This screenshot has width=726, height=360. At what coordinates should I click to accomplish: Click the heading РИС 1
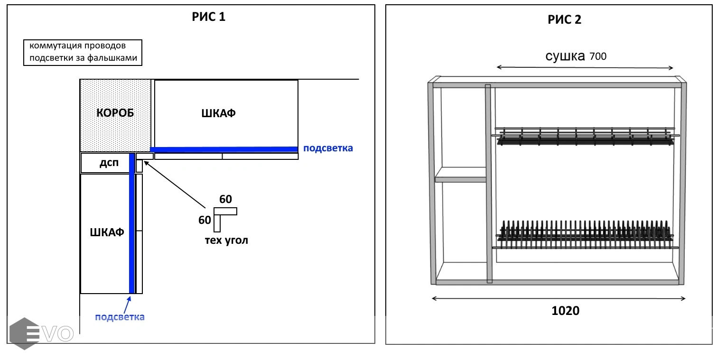[208, 18]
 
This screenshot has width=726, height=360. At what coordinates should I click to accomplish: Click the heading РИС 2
[564, 19]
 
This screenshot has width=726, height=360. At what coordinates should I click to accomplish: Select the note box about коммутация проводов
[83, 52]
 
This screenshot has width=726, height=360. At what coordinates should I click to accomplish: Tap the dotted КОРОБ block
[115, 114]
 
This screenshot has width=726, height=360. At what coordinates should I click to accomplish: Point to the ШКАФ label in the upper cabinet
[218, 114]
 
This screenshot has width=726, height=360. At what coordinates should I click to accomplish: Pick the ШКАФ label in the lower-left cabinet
[107, 232]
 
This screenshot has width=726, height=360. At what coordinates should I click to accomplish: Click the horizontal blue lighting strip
[223, 149]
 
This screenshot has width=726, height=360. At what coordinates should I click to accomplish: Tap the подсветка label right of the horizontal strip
[328, 148]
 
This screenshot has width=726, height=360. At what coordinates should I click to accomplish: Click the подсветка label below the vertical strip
[120, 317]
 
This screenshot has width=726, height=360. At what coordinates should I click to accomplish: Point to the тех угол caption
[226, 240]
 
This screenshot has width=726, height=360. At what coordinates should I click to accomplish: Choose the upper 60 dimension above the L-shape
[226, 200]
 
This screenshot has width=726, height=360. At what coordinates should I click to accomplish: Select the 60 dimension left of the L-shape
[205, 220]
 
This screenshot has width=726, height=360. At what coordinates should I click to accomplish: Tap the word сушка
[565, 56]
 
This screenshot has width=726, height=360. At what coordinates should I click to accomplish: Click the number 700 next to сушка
[598, 57]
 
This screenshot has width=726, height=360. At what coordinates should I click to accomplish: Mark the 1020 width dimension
[565, 311]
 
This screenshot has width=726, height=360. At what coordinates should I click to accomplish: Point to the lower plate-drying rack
[585, 232]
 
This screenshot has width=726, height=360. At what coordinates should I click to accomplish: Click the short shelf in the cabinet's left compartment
[461, 179]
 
